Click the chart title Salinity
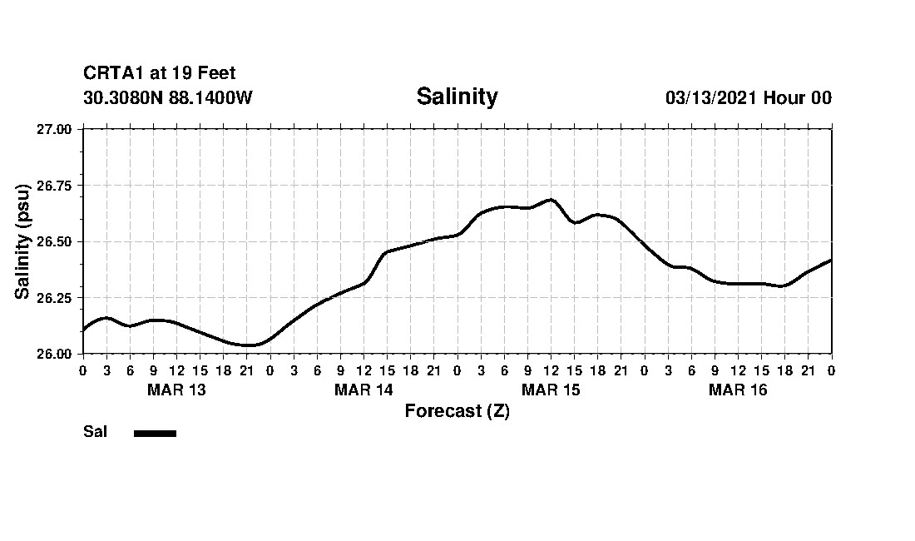(x=457, y=97)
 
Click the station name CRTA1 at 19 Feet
(x=160, y=74)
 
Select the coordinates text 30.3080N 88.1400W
(x=168, y=98)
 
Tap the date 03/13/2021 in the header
(x=710, y=98)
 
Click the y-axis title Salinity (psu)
(x=23, y=241)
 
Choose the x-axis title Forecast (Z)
(x=457, y=411)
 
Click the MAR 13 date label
(x=176, y=390)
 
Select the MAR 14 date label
(x=364, y=390)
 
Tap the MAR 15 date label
(x=551, y=390)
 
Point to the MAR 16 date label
(x=738, y=390)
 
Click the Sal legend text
(x=96, y=432)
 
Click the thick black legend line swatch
(x=155, y=433)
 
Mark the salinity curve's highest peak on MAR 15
(x=550, y=200)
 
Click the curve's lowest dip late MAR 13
(x=248, y=345)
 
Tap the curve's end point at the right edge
(x=831, y=261)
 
